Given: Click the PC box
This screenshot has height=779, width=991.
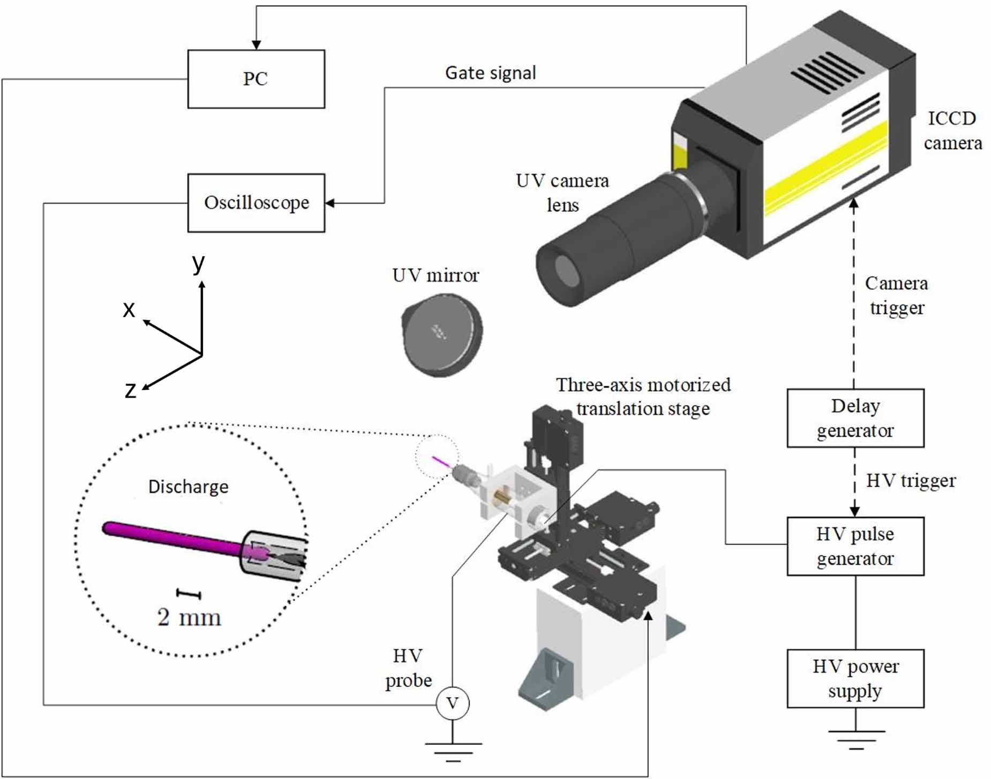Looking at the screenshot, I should (256, 79).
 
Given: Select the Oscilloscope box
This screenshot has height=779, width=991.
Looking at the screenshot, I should (256, 203).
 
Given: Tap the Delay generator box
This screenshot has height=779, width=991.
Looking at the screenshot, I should (855, 418).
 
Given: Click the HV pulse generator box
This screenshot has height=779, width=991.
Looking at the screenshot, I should (855, 546).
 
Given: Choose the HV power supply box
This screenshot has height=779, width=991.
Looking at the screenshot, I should (855, 678).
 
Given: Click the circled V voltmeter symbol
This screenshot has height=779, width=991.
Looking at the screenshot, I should (452, 703).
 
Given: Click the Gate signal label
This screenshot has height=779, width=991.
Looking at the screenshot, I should (490, 73).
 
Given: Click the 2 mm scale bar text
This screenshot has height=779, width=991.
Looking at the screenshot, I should (189, 617).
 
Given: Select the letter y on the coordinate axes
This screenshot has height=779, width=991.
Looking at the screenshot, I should (199, 263).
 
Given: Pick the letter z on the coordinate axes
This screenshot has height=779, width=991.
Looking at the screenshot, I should (130, 390).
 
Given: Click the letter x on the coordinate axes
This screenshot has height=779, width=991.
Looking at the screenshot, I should (129, 309).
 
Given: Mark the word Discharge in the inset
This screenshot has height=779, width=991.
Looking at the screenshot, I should (188, 486).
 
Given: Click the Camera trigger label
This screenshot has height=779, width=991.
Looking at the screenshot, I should (896, 295).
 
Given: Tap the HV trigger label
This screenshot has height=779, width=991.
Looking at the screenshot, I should (911, 481).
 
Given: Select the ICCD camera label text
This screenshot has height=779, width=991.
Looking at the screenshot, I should (952, 131).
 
